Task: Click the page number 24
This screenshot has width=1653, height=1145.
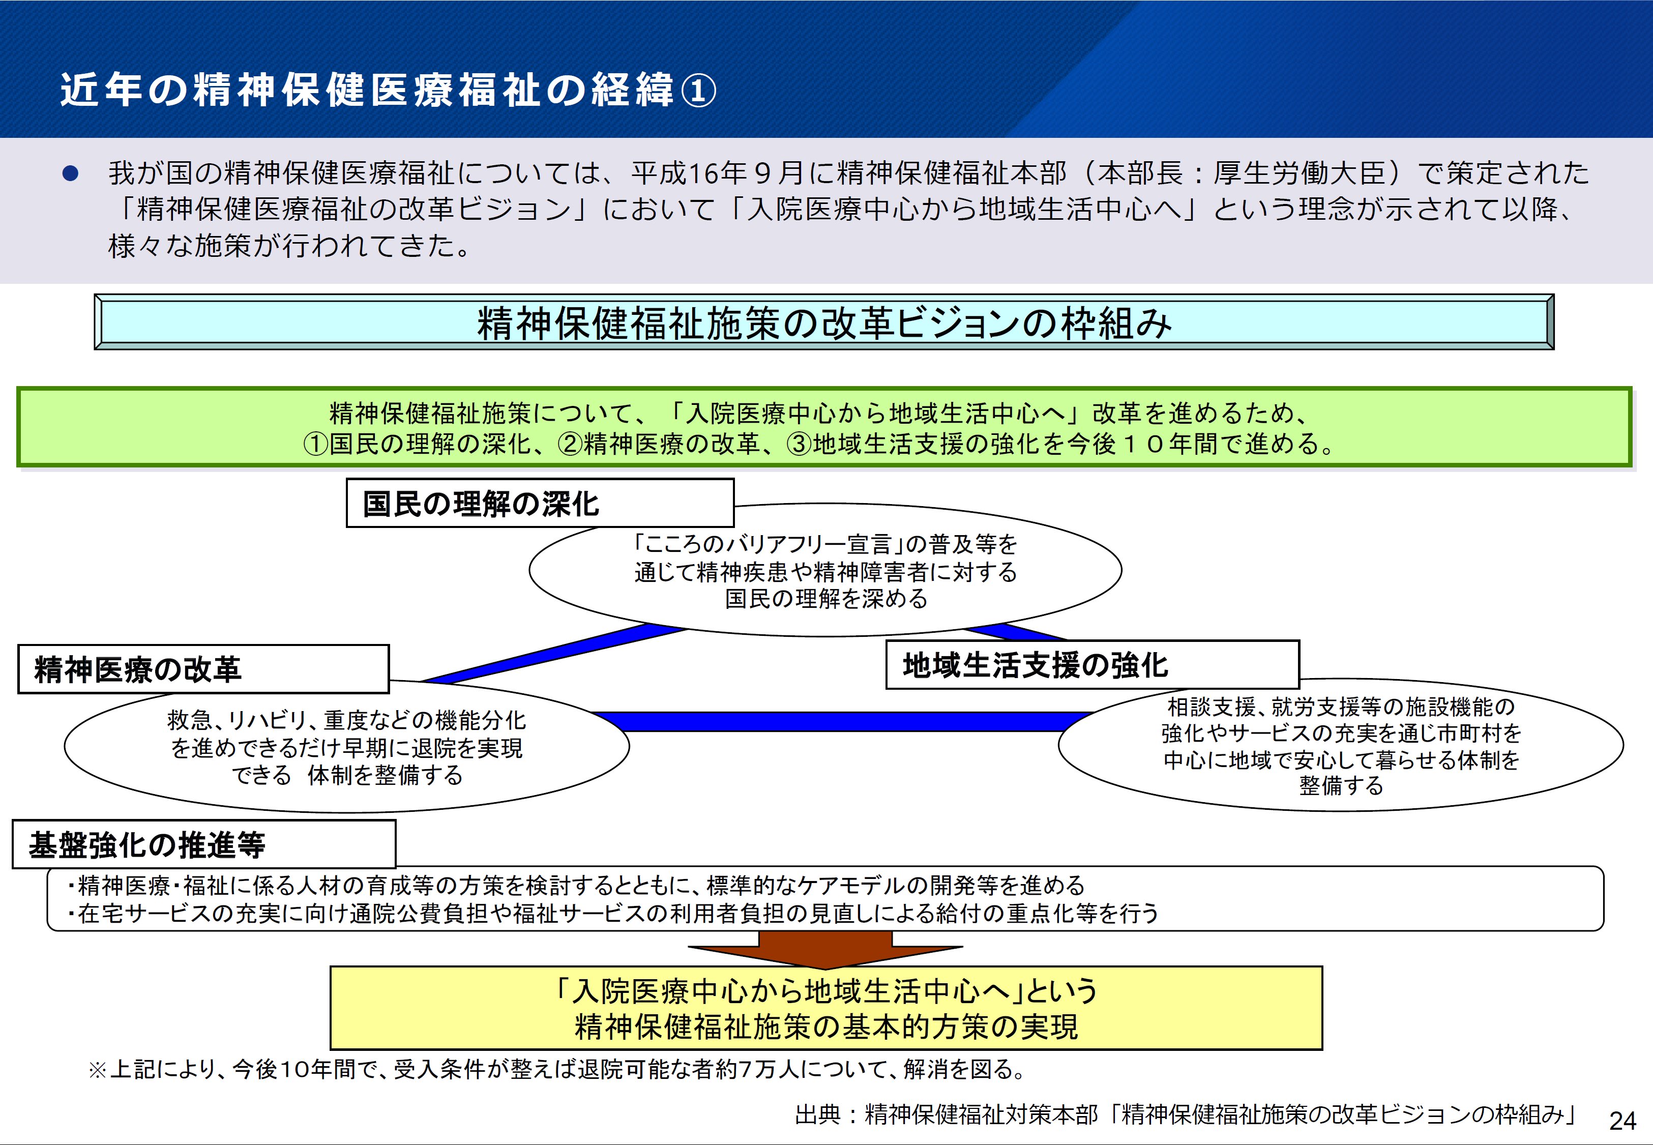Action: pos(1622,1120)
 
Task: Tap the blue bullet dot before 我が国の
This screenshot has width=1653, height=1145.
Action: pos(70,173)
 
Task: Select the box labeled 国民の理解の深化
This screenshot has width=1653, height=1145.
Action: pos(539,504)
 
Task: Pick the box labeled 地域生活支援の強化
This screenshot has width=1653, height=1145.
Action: pos(1091,665)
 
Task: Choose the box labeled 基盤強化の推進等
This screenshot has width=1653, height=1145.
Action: pos(203,844)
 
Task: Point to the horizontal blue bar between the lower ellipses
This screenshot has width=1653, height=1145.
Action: pos(839,721)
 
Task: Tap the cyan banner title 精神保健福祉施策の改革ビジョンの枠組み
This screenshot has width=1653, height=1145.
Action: pos(824,323)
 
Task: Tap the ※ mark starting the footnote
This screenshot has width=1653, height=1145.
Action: pos(98,1070)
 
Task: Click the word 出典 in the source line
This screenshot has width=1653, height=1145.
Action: pos(817,1114)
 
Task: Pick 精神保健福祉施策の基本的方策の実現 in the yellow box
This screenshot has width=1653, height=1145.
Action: pos(825,1026)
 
